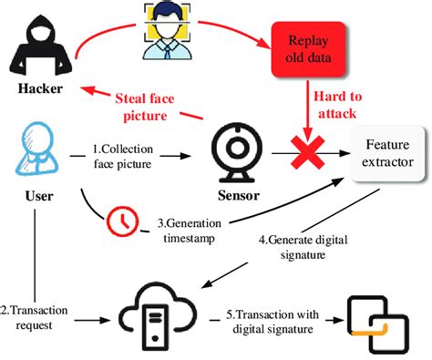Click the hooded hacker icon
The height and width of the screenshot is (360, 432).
click(x=36, y=46)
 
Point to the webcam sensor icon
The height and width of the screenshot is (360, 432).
click(x=235, y=149)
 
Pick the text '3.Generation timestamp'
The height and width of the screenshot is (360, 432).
click(x=188, y=228)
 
